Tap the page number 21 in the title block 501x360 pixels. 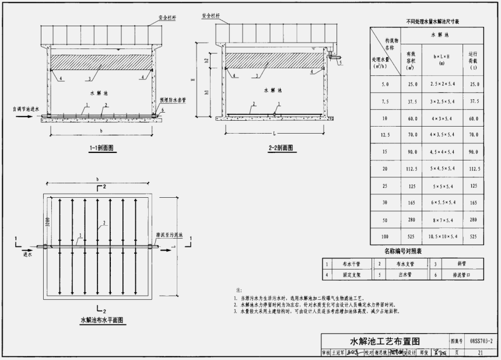tap(479, 353)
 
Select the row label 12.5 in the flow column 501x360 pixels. tap(384, 135)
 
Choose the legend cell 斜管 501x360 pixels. tap(454, 264)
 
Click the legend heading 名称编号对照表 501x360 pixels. tap(402, 251)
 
